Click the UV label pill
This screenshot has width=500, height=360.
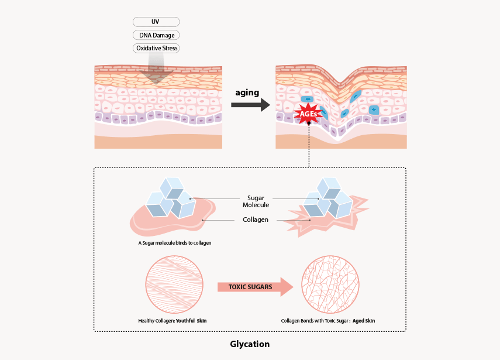156,22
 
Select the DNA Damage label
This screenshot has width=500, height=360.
156,35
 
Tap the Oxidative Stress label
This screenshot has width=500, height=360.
156,48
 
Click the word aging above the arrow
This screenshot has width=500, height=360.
247,93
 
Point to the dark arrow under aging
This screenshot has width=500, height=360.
250,105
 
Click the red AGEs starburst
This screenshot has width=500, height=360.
308,114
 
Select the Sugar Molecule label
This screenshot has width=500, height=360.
256,201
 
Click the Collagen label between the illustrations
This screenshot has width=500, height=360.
256,220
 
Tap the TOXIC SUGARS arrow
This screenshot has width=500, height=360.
255,287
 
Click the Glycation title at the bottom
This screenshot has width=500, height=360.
250,344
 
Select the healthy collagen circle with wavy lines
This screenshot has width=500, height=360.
174,284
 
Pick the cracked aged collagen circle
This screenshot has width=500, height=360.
330,284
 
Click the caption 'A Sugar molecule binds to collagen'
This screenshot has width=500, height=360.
175,243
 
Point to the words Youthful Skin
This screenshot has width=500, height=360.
191,321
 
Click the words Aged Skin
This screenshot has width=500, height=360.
364,321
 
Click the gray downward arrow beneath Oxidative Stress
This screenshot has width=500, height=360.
156,68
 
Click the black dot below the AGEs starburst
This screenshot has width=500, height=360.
309,123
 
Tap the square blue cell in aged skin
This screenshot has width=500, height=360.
374,110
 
